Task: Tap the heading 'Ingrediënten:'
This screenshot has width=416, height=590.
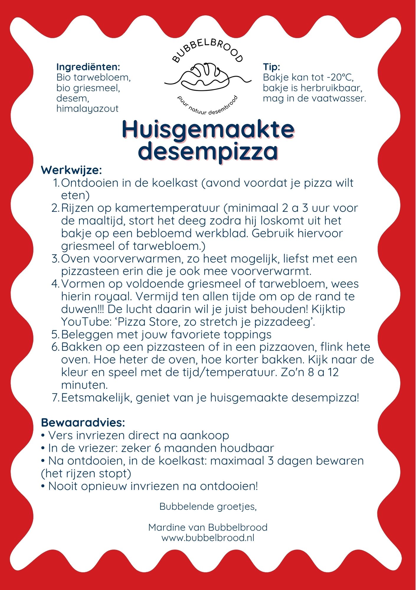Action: coord(88,67)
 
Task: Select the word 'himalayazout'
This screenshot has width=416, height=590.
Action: coord(87,109)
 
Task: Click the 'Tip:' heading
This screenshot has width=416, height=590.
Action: coord(271,67)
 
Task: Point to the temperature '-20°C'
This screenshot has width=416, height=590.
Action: coord(340,77)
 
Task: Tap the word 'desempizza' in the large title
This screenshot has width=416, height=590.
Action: coord(208,151)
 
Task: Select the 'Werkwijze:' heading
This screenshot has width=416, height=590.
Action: coord(71,170)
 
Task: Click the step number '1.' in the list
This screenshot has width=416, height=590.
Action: coord(56,183)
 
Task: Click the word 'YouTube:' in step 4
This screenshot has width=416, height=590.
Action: coord(86,322)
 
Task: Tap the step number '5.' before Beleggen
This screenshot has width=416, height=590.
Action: coord(55,335)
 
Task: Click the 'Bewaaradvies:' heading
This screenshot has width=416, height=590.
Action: coord(83,422)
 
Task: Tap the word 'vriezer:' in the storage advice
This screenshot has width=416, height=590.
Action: coord(94,448)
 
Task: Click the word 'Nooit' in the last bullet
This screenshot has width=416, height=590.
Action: coord(63,486)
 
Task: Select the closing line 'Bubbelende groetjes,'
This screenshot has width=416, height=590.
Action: coord(208,506)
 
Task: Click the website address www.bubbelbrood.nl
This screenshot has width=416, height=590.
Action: coord(208,537)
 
